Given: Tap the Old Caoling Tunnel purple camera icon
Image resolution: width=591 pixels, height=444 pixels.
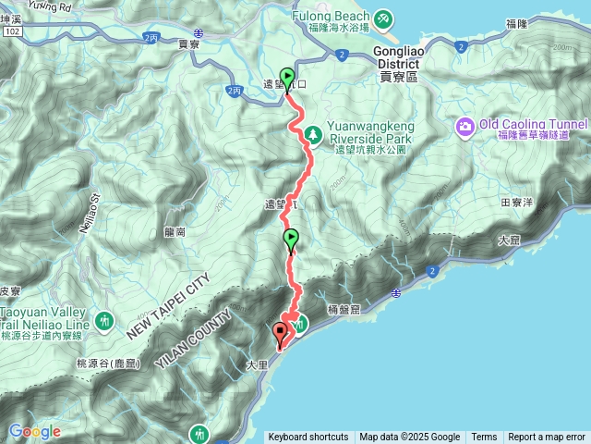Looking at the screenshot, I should click(x=465, y=126).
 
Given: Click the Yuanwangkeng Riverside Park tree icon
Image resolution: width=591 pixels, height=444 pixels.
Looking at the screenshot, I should click(x=314, y=135).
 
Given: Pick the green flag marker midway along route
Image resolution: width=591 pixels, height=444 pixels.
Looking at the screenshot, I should click(x=291, y=239).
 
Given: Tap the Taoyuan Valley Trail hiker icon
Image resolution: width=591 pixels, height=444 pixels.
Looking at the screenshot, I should click(x=103, y=320).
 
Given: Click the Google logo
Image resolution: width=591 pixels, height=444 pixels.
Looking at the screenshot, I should click(x=34, y=431).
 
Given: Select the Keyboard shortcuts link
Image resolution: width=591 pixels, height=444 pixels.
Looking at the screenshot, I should click(x=308, y=438).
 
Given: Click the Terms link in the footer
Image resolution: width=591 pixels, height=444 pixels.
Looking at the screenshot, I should click(x=484, y=438).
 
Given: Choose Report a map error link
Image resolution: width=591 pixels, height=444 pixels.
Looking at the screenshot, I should click(x=547, y=438).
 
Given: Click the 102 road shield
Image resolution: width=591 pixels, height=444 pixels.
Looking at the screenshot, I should click(x=12, y=31).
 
